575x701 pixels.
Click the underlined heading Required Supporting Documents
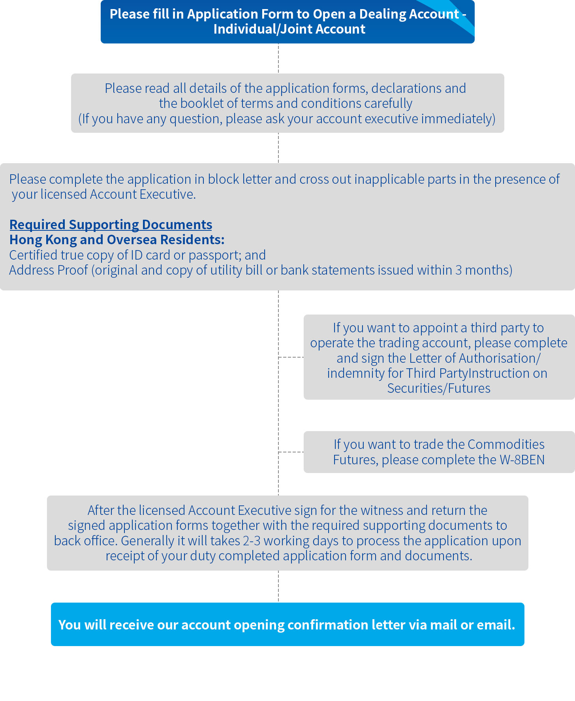click(111, 225)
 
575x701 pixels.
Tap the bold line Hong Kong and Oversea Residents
click(117, 240)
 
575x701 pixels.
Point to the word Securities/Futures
click(439, 388)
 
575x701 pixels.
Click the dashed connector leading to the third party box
click(291, 357)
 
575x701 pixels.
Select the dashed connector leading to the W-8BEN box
click(291, 452)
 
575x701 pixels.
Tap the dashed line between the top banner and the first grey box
click(278, 58)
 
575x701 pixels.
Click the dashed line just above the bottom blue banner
click(278, 586)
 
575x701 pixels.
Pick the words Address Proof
click(49, 270)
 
